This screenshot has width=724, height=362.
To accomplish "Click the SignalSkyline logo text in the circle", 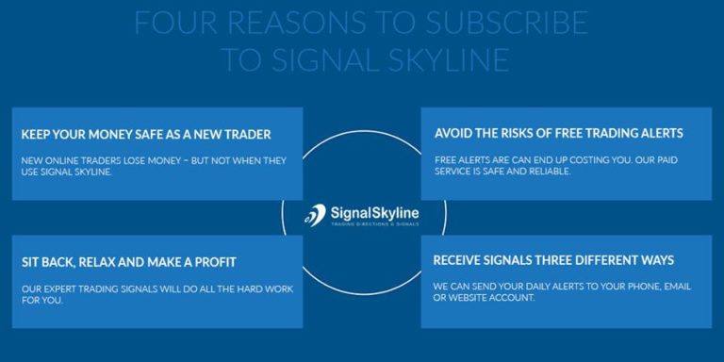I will tap(374, 213).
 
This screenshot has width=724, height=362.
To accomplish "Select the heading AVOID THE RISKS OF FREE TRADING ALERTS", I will tap(559, 133).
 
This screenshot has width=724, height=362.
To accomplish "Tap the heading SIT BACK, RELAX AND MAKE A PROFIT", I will tap(128, 261).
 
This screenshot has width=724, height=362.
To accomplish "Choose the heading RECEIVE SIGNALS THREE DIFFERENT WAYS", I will tap(553, 259).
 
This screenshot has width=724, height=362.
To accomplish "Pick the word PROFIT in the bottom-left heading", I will tap(213, 261).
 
